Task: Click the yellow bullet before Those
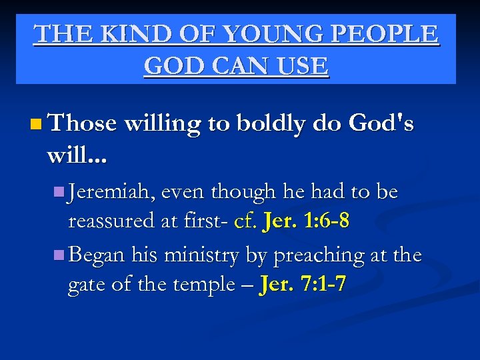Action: tap(35, 124)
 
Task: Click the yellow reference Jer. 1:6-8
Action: tap(306, 221)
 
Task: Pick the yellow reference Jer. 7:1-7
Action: tap(303, 285)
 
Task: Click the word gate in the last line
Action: tap(88, 285)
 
